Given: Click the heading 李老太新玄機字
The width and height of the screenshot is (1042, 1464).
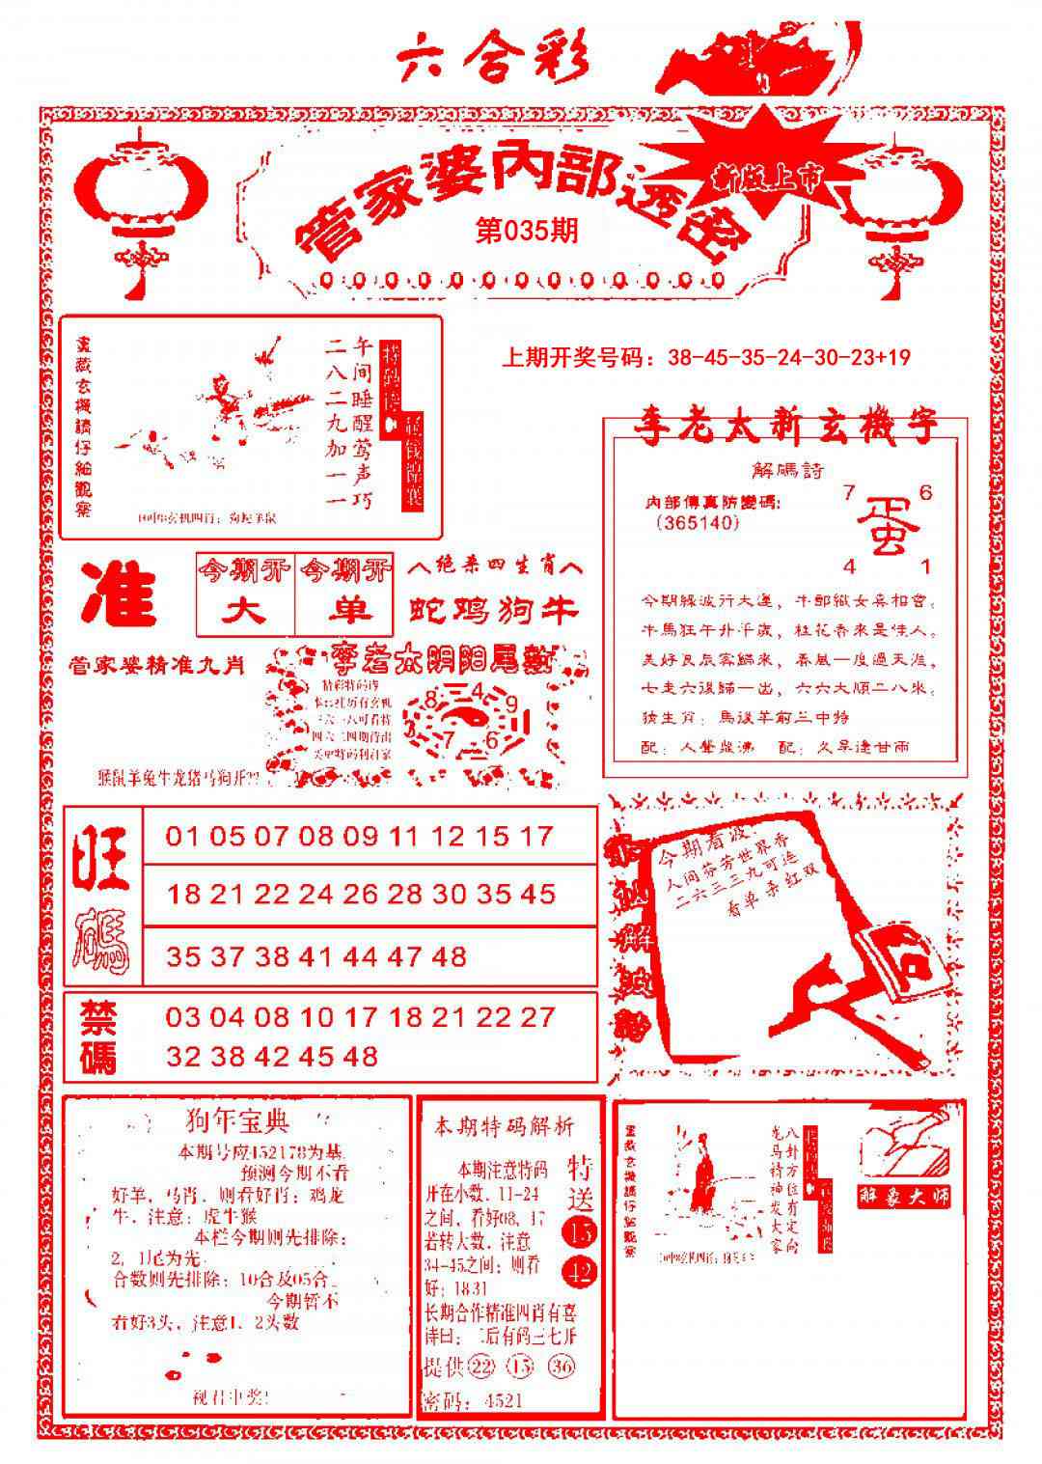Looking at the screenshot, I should (783, 428).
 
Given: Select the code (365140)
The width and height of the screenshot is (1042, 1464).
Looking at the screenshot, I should (697, 523).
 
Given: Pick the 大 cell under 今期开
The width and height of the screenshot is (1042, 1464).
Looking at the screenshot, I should (245, 611).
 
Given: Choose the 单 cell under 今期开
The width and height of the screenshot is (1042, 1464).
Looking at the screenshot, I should (344, 611).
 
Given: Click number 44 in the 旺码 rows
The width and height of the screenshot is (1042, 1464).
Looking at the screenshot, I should (360, 956).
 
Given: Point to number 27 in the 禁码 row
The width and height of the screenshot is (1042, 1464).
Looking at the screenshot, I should (538, 1017).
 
